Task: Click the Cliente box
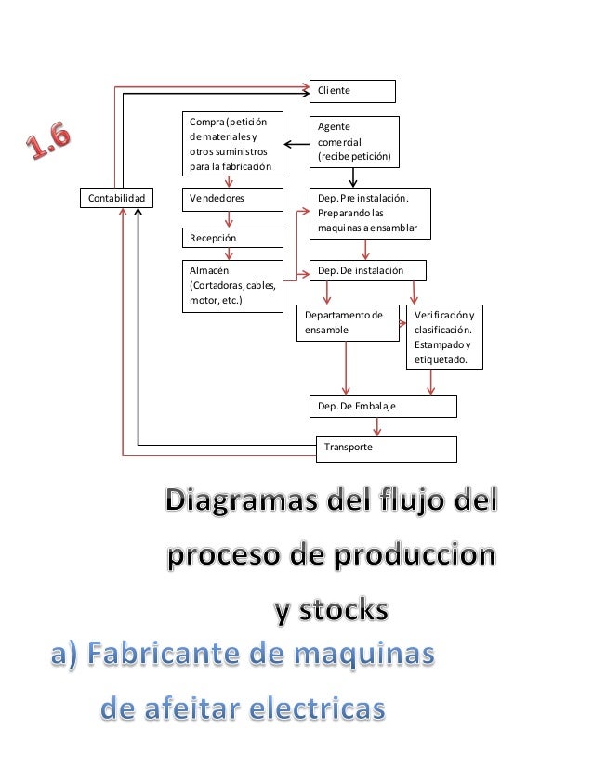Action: [x=352, y=91]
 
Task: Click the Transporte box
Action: [x=387, y=448]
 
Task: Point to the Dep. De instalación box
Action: [x=367, y=270]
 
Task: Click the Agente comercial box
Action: [x=353, y=142]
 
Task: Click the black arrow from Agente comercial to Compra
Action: [x=296, y=144]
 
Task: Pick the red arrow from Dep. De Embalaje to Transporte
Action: [x=376, y=426]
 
